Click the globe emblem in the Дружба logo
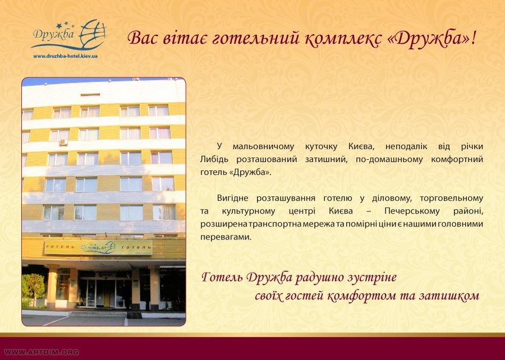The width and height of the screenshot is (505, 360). click(x=93, y=34)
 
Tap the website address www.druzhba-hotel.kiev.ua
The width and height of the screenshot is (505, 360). click(x=66, y=56)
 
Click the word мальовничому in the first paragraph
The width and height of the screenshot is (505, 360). click(x=263, y=147)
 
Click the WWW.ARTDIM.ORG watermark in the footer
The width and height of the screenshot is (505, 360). click(x=41, y=352)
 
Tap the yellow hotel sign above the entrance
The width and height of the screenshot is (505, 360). click(x=98, y=248)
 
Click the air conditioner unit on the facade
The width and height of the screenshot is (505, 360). click(x=63, y=142)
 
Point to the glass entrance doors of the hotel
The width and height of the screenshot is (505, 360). click(x=102, y=293)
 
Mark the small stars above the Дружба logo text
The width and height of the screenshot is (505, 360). click(x=65, y=25)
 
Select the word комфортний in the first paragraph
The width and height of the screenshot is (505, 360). click(x=457, y=160)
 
